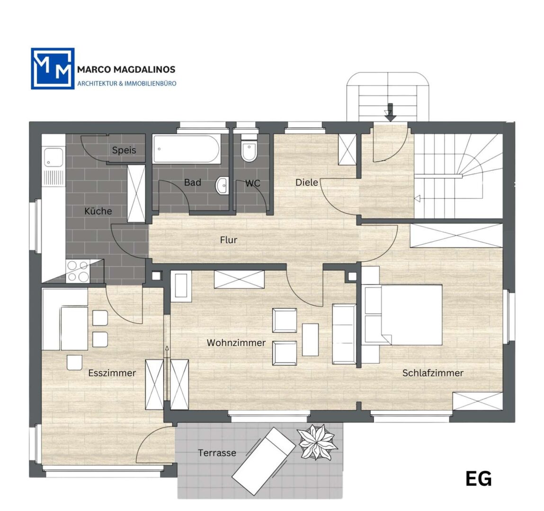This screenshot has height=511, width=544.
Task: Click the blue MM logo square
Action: (x=53, y=69)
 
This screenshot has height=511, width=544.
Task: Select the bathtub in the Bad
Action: (x=187, y=149)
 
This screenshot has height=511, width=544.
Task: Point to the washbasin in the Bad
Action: (x=222, y=185)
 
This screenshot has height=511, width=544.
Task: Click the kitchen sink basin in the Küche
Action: (x=54, y=157)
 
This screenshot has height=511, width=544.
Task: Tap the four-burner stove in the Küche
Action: (x=78, y=271)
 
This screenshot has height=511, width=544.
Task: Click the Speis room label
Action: (x=124, y=150)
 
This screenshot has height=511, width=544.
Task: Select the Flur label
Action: (x=229, y=240)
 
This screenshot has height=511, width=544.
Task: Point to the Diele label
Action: (x=307, y=182)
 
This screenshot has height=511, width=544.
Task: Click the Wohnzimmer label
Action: (x=236, y=343)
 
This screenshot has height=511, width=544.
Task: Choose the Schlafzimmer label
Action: (x=433, y=373)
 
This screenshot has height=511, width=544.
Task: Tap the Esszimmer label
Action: (x=112, y=373)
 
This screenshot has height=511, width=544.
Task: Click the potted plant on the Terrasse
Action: (x=317, y=442)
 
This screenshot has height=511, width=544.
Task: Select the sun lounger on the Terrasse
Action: (x=264, y=461)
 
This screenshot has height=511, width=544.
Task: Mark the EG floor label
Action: (x=479, y=479)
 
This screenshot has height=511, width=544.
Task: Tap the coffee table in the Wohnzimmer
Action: (x=310, y=340)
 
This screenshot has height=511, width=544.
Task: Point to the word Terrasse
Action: (x=217, y=453)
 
